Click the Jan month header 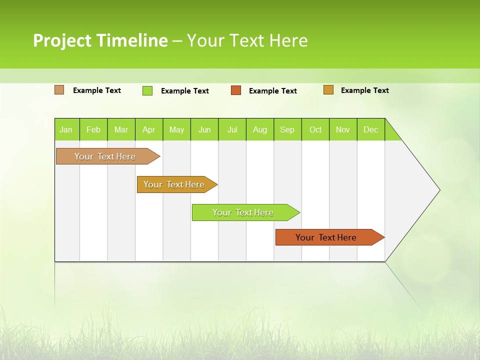click(x=66, y=129)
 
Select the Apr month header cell click(x=148, y=129)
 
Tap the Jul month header click(x=232, y=129)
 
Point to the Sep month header click(x=287, y=129)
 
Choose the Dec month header click(x=370, y=129)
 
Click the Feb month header click(x=93, y=129)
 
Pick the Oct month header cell click(x=315, y=129)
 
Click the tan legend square click(x=59, y=90)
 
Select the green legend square click(x=147, y=90)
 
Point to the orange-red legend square click(x=236, y=90)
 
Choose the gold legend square click(x=328, y=90)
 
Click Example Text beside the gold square click(x=364, y=90)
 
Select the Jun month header click(x=204, y=129)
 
